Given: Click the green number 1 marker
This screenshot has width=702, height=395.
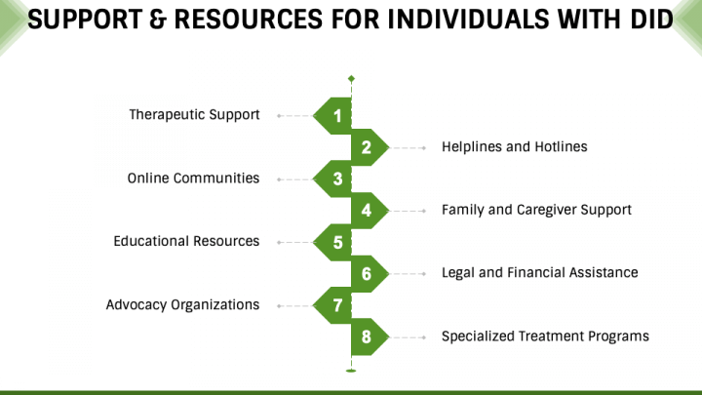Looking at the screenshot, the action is [x=332, y=116].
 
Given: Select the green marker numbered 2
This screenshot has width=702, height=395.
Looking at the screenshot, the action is [x=370, y=147].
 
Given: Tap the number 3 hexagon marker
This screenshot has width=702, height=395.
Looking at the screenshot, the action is [x=332, y=179].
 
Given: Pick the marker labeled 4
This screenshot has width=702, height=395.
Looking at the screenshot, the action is [x=370, y=211].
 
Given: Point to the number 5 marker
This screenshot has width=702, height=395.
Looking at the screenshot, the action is [x=332, y=242].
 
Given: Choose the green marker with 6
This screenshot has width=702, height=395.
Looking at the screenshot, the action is [x=370, y=274].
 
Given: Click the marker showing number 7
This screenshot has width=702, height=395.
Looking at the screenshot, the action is [x=332, y=305].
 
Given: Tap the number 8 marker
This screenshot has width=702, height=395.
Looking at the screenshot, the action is [x=370, y=336].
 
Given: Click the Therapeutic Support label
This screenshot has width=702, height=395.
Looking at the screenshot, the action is [x=194, y=115].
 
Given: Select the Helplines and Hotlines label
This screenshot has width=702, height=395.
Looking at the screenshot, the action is [x=515, y=147].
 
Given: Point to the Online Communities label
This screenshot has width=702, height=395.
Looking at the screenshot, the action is [x=193, y=178].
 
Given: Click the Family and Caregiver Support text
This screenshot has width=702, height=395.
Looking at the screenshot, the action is [x=536, y=210].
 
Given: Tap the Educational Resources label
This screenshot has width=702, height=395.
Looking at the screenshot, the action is [x=186, y=242].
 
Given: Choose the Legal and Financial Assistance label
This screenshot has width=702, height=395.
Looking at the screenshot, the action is [x=539, y=273].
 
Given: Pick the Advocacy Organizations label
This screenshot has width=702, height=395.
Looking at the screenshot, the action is [x=182, y=305].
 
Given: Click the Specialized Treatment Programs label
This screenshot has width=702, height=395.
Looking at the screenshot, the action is [x=545, y=336].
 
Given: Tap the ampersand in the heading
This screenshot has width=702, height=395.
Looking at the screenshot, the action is [x=158, y=20].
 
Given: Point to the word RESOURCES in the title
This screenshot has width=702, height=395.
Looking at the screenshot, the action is [x=248, y=20].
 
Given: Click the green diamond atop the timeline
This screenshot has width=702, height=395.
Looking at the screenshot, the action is [x=351, y=79].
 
